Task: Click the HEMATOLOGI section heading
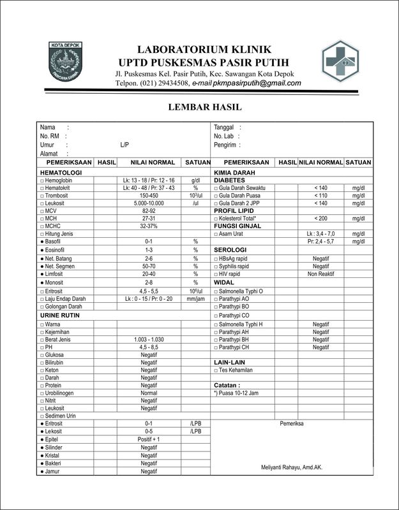[x=61, y=173]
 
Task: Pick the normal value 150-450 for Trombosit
[x=149, y=196]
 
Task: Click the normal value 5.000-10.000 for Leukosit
[x=149, y=203]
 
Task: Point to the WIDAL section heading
[x=224, y=282]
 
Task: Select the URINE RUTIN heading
[x=59, y=316]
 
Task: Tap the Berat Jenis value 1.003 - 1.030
[x=149, y=340]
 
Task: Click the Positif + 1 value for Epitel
[x=149, y=440]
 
